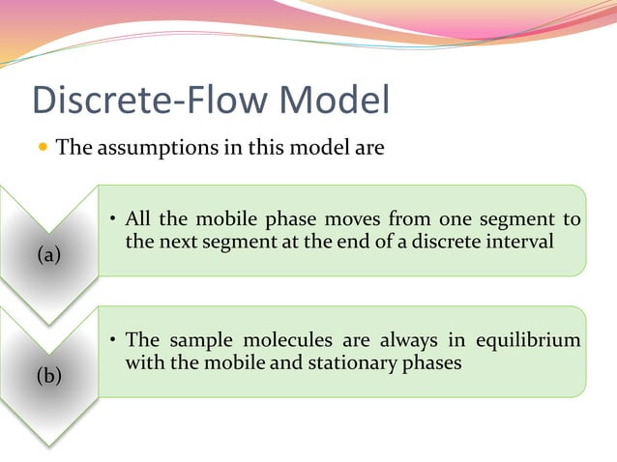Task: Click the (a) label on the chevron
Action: pos(48,255)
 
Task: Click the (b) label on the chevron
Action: pos(48,376)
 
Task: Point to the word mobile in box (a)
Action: pos(223,219)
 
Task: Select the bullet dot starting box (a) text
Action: pos(113,219)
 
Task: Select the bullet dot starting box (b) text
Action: pos(113,341)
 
